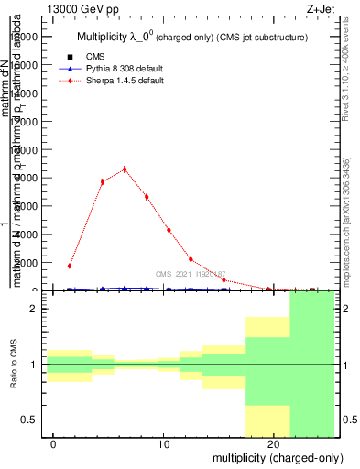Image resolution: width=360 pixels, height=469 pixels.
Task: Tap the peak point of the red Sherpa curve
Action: tap(125, 169)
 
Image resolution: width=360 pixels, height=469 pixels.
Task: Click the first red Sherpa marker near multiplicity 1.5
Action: tap(70, 266)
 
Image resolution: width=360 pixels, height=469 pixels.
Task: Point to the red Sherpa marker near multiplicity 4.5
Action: tap(103, 181)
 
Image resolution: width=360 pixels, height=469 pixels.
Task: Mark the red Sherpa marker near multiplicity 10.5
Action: tap(169, 230)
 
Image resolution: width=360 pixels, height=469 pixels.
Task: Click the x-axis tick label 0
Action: tap(54, 444)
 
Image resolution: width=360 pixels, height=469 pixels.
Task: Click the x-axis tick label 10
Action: tap(164, 444)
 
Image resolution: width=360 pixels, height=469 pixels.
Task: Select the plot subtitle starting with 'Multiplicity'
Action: tap(191, 37)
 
